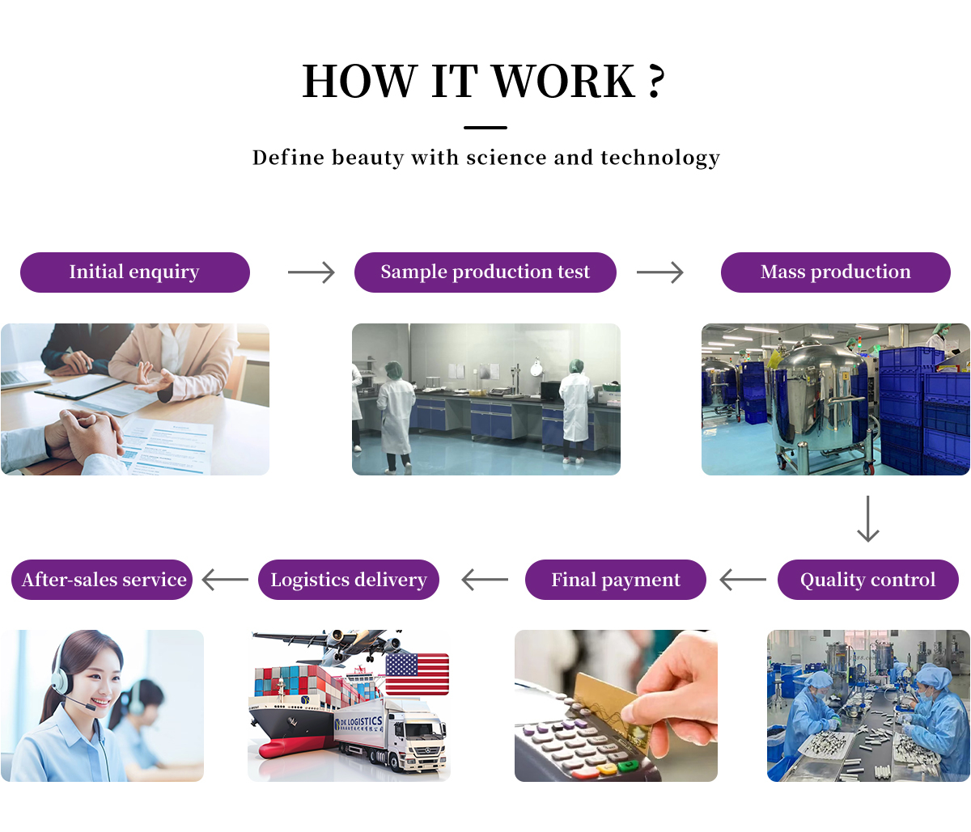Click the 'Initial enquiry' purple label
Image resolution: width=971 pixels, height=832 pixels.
(x=134, y=272)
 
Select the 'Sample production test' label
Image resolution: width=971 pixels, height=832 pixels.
(x=485, y=272)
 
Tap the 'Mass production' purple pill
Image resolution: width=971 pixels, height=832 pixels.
(x=835, y=272)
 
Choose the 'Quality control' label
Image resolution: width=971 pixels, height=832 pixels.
(x=867, y=580)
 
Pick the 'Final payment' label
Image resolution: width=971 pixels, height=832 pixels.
(x=615, y=580)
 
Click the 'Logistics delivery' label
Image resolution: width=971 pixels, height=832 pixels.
(x=348, y=580)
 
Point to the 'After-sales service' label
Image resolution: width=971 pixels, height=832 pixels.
(x=103, y=580)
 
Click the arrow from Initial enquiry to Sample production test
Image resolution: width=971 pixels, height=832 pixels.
(x=311, y=272)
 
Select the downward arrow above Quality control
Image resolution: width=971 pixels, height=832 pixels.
(x=867, y=519)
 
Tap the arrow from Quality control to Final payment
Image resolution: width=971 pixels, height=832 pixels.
(x=742, y=580)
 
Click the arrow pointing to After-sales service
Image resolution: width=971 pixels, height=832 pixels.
(x=225, y=580)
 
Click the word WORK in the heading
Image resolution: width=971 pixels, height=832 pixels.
(x=563, y=82)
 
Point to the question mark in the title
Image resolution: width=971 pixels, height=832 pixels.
(x=656, y=82)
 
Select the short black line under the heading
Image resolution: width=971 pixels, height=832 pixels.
(x=485, y=128)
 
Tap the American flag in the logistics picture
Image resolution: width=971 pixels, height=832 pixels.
(x=417, y=674)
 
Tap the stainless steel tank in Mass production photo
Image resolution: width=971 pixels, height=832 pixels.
(x=817, y=396)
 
